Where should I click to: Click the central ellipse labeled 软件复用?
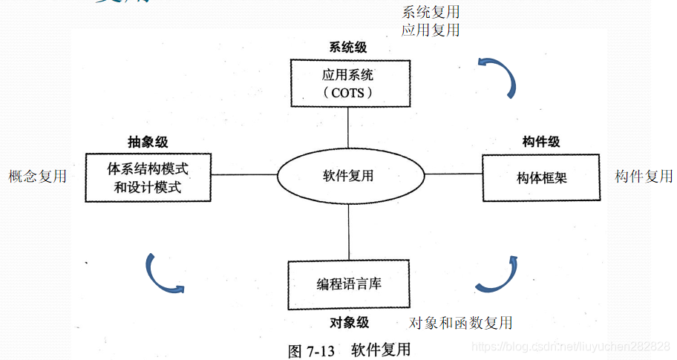349,176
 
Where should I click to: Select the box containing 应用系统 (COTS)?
348,83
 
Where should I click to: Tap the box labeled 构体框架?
541,178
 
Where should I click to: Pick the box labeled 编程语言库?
348,284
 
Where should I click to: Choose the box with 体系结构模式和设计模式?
148,178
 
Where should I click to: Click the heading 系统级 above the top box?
348,48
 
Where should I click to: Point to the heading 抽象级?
148,142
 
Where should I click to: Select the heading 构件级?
541,142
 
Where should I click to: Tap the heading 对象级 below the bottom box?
348,323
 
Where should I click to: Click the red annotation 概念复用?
37,176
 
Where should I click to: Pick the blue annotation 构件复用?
644,176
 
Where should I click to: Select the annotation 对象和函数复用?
461,322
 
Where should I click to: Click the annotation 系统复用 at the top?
431,12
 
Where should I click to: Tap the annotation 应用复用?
431,30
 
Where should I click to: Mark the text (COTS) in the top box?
348,93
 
